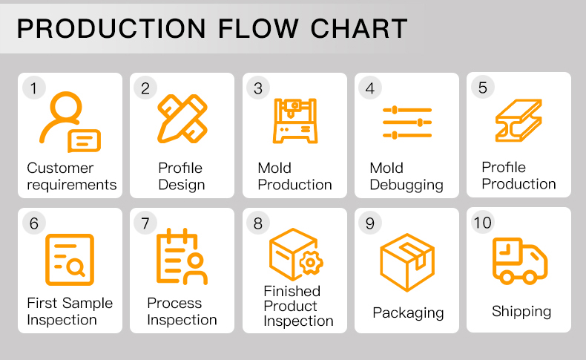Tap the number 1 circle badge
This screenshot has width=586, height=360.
33,88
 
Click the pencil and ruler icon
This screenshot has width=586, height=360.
181,118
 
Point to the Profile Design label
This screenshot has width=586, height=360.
181,177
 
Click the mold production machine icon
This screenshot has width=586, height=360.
294,120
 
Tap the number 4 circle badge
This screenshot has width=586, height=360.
369,88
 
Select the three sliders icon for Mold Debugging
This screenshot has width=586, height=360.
406,122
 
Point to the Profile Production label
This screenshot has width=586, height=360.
518,176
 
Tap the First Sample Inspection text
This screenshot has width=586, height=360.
70,312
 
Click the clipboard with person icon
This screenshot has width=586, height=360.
181,258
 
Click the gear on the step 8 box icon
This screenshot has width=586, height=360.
311,263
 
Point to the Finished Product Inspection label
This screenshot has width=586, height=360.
298,306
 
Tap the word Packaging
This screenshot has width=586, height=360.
408,312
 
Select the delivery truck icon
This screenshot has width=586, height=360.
519,261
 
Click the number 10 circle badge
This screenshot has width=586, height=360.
482,223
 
